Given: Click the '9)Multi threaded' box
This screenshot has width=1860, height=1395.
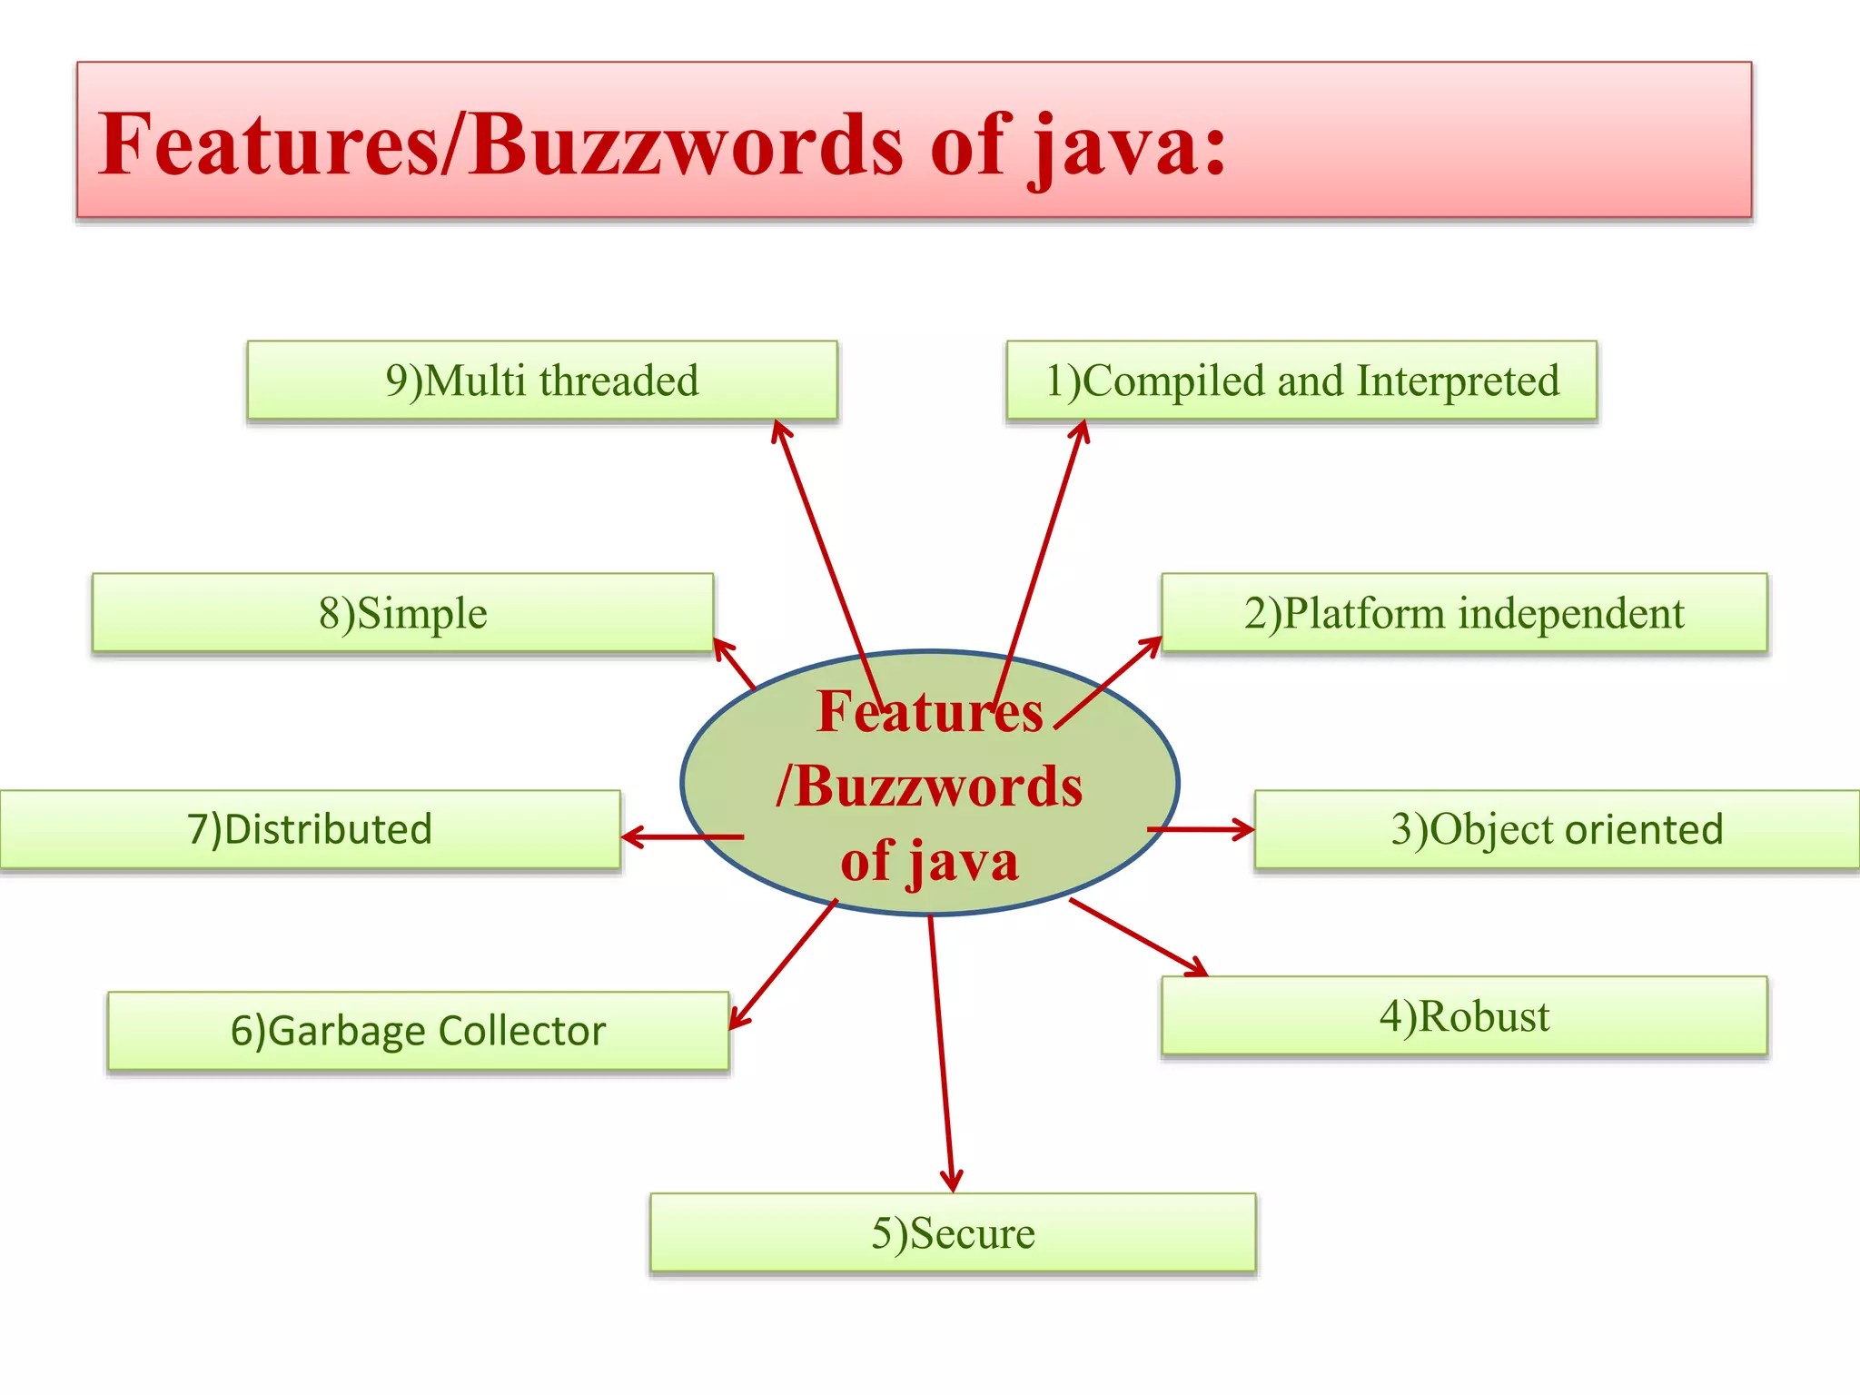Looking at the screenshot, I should pyautogui.click(x=542, y=381).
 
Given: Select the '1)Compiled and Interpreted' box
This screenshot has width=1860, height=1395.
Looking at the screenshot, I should pyautogui.click(x=1301, y=381).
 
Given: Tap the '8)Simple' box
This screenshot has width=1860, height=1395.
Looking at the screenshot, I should pyautogui.click(x=402, y=613).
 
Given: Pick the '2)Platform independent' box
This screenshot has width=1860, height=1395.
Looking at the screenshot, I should pyautogui.click(x=1464, y=613).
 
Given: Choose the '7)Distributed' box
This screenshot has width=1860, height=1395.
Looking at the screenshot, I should pyautogui.click(x=310, y=829).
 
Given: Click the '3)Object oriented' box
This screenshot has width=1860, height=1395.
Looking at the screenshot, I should pyautogui.click(x=1557, y=829).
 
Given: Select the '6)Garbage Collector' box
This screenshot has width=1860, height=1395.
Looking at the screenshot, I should pyautogui.click(x=418, y=1031).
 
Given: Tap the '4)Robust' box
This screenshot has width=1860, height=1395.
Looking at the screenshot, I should pyautogui.click(x=1464, y=1015).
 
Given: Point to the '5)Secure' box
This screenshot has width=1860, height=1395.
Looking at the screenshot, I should pyautogui.click(x=953, y=1232).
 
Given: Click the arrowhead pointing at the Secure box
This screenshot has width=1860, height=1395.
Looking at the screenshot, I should pyautogui.click(x=951, y=1181).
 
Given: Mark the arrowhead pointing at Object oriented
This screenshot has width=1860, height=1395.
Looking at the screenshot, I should pyautogui.click(x=1242, y=829).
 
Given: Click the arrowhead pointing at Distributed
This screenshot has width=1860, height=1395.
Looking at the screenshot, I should pyautogui.click(x=634, y=836).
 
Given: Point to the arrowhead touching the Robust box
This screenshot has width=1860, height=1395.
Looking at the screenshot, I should pyautogui.click(x=1197, y=968).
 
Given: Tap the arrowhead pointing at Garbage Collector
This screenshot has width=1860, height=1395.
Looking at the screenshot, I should pyautogui.click(x=738, y=1019).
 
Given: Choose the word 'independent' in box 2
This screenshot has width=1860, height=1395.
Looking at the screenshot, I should pyautogui.click(x=1571, y=613).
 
